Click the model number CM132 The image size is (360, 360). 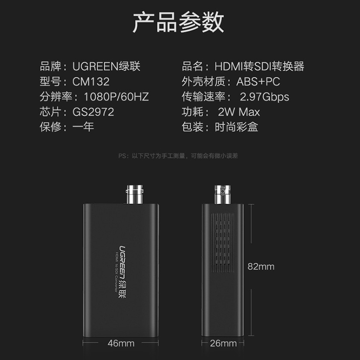click(90, 82)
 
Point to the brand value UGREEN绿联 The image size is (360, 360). click(107, 67)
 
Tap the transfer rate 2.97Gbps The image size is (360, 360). click(265, 97)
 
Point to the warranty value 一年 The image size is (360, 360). click(83, 127)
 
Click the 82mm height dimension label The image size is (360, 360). click(261, 266)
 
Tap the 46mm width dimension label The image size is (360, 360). click(121, 343)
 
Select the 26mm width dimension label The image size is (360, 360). click(223, 343)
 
